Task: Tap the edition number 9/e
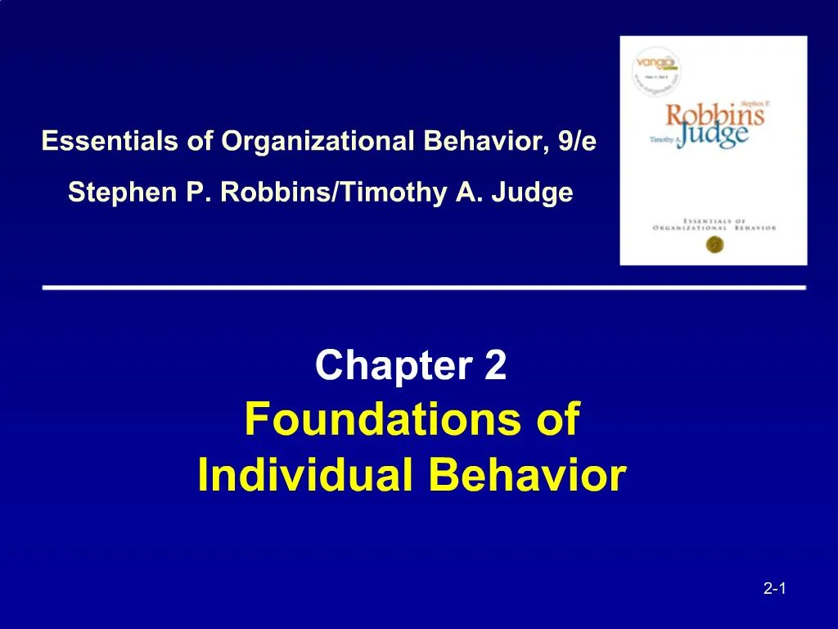tap(574, 142)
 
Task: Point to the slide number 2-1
tap(774, 588)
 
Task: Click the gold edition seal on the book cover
tap(713, 243)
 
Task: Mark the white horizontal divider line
tap(424, 288)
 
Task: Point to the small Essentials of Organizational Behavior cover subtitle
tap(714, 224)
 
